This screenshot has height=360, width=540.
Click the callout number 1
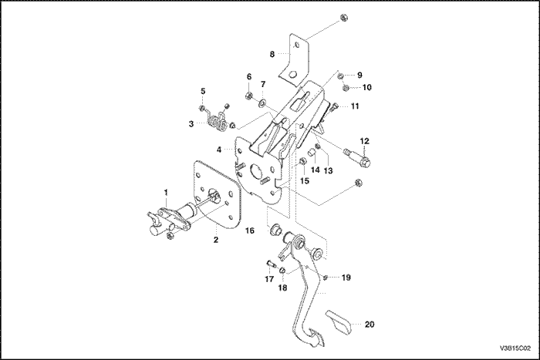coord(164,190)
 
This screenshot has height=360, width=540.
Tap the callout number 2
coord(216,240)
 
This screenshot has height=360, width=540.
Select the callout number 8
coord(271,54)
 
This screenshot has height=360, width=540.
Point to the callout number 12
coord(365,141)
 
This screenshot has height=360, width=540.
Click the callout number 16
coord(249,230)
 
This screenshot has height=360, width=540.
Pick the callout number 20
coord(369,325)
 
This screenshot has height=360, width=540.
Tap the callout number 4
coord(219,150)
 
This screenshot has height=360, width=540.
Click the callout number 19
coord(346,276)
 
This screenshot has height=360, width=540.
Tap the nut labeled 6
coord(249,96)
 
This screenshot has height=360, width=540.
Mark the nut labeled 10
coord(346,88)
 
